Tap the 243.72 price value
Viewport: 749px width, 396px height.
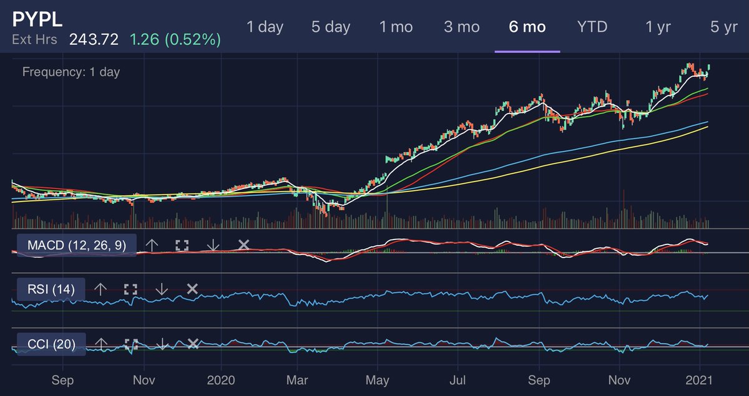pyautogui.click(x=94, y=40)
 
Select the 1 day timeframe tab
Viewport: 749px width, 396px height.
pyautogui.click(x=265, y=27)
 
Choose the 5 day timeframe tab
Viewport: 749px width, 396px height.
pyautogui.click(x=331, y=27)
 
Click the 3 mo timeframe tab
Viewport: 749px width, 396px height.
pyautogui.click(x=461, y=27)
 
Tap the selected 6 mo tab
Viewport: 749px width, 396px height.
pyautogui.click(x=527, y=27)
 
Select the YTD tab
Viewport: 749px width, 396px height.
pyautogui.click(x=592, y=27)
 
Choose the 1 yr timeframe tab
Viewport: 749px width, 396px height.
pyautogui.click(x=658, y=27)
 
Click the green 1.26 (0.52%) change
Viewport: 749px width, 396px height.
pyautogui.click(x=175, y=40)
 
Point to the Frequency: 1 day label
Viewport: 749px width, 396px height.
pyautogui.click(x=71, y=72)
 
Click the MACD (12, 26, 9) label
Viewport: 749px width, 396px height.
pyautogui.click(x=77, y=245)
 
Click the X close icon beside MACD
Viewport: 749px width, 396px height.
pyautogui.click(x=243, y=245)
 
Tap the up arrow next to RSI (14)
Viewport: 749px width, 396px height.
pyautogui.click(x=100, y=289)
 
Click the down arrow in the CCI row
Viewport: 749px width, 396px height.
pyautogui.click(x=162, y=344)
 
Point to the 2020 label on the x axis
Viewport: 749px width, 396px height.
pyautogui.click(x=222, y=379)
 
